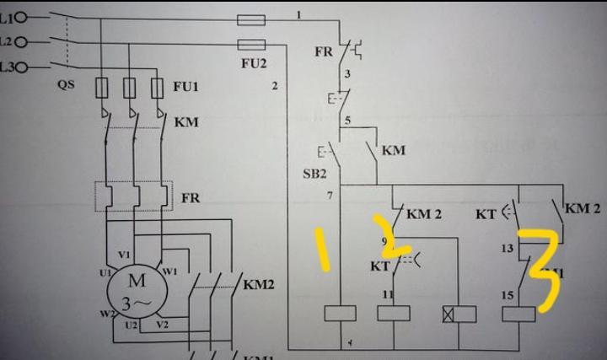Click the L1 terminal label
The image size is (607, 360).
click(x=8, y=17)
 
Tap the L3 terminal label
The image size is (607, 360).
click(x=8, y=66)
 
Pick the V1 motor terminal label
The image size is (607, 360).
click(x=124, y=255)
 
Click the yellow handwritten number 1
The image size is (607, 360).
click(x=324, y=250)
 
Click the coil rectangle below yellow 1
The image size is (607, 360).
click(x=340, y=314)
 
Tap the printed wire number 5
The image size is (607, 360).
click(x=346, y=121)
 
